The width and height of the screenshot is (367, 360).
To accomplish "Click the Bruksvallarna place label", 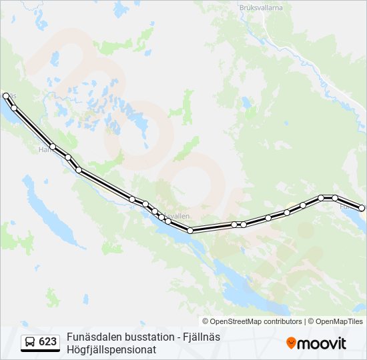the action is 257,7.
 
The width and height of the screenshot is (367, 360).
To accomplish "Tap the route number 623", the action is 47,342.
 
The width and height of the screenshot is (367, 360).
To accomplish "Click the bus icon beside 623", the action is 30,342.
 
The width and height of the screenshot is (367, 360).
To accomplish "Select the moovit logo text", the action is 322,343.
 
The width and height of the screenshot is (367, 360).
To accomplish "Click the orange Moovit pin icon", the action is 291,343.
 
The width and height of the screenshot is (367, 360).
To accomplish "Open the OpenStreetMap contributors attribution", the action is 256,321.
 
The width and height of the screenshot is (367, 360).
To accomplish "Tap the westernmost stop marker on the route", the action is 6,96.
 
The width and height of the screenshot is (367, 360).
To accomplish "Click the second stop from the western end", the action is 14,108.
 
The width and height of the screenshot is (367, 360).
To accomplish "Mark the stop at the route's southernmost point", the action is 190,231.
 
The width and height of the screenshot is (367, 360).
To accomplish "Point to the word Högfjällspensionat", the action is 111,349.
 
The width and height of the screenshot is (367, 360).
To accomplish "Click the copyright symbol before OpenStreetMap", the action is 206,321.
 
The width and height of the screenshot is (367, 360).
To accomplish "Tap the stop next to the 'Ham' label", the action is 53,147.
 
